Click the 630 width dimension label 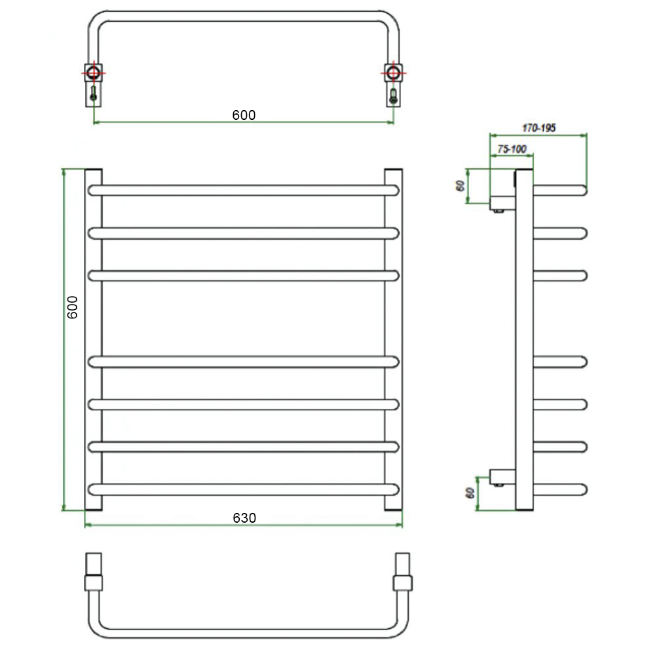click(x=244, y=518)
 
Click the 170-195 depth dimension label click(x=539, y=128)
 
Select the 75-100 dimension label click(x=512, y=149)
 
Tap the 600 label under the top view click(x=244, y=115)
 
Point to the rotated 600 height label click(x=72, y=307)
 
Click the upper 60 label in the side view click(x=461, y=185)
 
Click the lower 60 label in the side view click(x=470, y=493)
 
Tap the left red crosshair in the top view click(x=93, y=73)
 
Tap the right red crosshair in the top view click(x=394, y=73)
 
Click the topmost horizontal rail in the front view click(x=243, y=191)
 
